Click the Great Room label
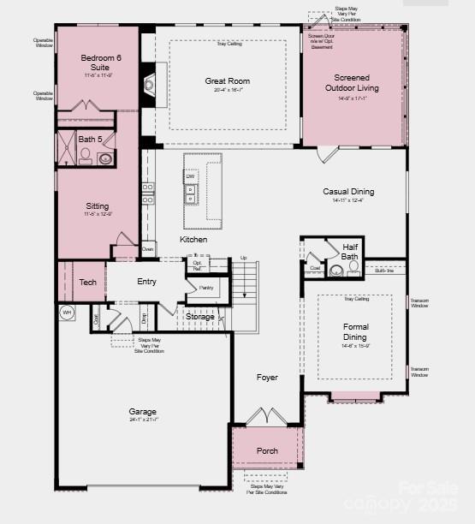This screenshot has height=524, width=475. click(x=227, y=81)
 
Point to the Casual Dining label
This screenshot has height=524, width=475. click(x=348, y=192)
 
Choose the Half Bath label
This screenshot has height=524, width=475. click(x=350, y=251)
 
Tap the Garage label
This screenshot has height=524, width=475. click(x=143, y=412)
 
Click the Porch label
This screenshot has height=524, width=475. click(x=267, y=451)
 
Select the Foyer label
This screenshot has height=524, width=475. click(x=267, y=377)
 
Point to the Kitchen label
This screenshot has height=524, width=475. click(x=193, y=240)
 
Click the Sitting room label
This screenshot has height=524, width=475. click(x=98, y=206)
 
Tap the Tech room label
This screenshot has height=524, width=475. click(x=87, y=282)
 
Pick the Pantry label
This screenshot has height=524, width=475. click(x=206, y=288)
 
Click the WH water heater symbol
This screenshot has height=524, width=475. click(x=67, y=313)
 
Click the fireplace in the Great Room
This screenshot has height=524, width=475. click(x=149, y=83)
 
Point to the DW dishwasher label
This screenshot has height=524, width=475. click(x=190, y=176)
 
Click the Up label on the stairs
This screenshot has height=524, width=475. click(x=243, y=258)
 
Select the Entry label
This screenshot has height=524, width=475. click(x=146, y=282)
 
